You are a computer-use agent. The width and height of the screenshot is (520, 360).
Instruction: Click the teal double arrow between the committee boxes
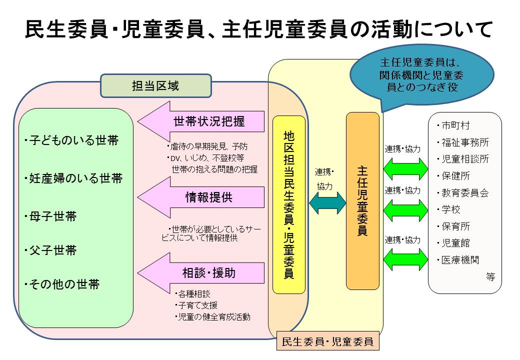(x=328, y=202)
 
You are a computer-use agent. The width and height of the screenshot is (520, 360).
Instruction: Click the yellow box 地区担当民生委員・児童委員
(x=289, y=204)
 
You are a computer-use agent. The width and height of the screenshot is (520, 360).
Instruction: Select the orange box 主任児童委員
(x=363, y=201)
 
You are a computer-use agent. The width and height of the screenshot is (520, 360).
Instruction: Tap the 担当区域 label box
(x=156, y=86)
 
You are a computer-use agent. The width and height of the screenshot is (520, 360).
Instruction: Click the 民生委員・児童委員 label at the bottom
(x=327, y=342)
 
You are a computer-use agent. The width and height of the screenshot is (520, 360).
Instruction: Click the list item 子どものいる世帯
(x=71, y=140)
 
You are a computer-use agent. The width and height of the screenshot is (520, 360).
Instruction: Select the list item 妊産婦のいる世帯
(x=73, y=178)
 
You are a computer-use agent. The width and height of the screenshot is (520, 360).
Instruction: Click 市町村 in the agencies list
(x=455, y=125)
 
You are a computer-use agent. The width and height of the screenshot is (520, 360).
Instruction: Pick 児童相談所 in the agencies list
(x=464, y=159)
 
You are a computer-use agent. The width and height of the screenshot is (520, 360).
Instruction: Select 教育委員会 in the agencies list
(x=464, y=193)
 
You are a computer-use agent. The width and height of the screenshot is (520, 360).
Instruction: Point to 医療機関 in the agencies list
(x=460, y=260)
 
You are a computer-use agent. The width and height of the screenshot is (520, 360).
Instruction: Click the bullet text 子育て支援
(x=197, y=305)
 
